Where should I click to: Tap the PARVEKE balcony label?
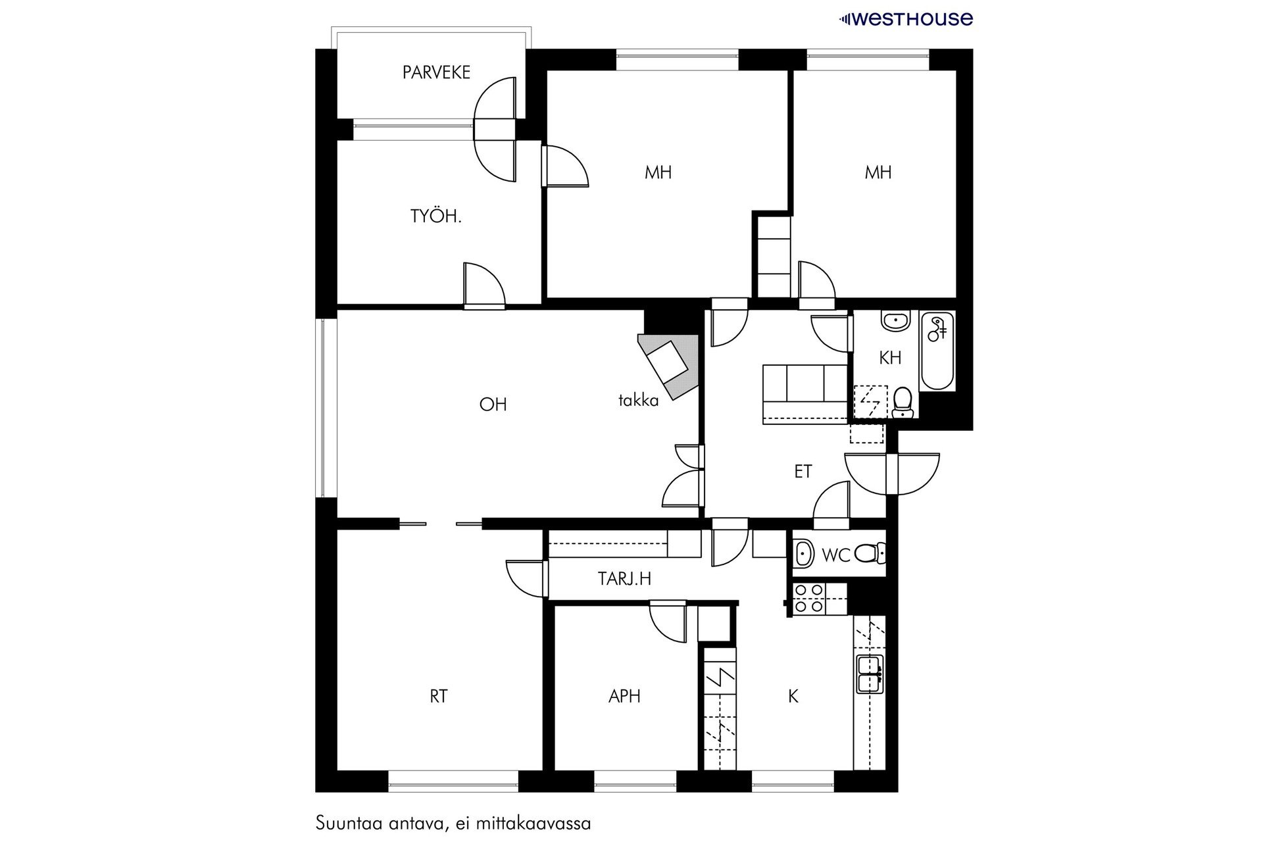(436, 72)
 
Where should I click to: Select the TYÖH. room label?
(435, 216)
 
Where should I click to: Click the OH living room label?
(493, 404)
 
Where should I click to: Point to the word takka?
(638, 400)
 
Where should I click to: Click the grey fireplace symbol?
(668, 365)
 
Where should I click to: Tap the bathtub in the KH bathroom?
(937, 352)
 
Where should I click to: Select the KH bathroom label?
(890, 358)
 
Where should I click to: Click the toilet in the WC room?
(870, 554)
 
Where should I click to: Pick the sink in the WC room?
(803, 554)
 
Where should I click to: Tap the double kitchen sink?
(870, 674)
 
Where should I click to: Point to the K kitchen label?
(793, 696)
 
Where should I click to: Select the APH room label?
(624, 696)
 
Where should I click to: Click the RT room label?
(439, 696)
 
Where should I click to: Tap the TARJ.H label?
(624, 579)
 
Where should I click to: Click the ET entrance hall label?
(803, 472)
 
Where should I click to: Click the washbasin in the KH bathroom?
(895, 322)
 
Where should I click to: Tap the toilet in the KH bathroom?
(903, 402)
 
